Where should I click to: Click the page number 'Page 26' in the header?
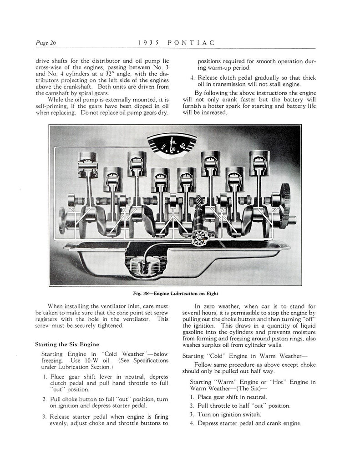point(46,43)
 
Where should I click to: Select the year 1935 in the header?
point(147,43)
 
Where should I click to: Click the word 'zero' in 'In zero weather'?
point(209,306)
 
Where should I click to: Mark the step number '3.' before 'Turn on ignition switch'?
point(192,415)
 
